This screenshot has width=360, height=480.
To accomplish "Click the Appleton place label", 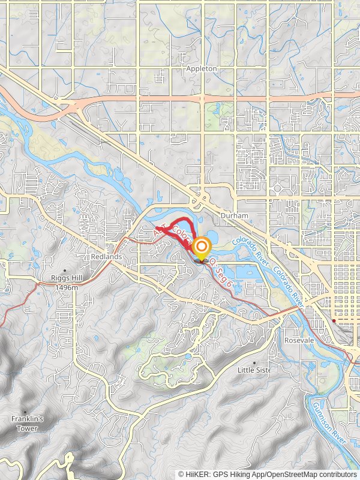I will [201, 68].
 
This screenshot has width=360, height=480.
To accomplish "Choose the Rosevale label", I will [301, 340].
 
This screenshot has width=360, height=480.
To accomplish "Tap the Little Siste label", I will [254, 370].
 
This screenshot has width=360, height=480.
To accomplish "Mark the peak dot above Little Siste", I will [254, 362].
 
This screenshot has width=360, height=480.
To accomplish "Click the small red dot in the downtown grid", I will [334, 321].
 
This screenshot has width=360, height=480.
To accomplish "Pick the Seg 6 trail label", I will [223, 268].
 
